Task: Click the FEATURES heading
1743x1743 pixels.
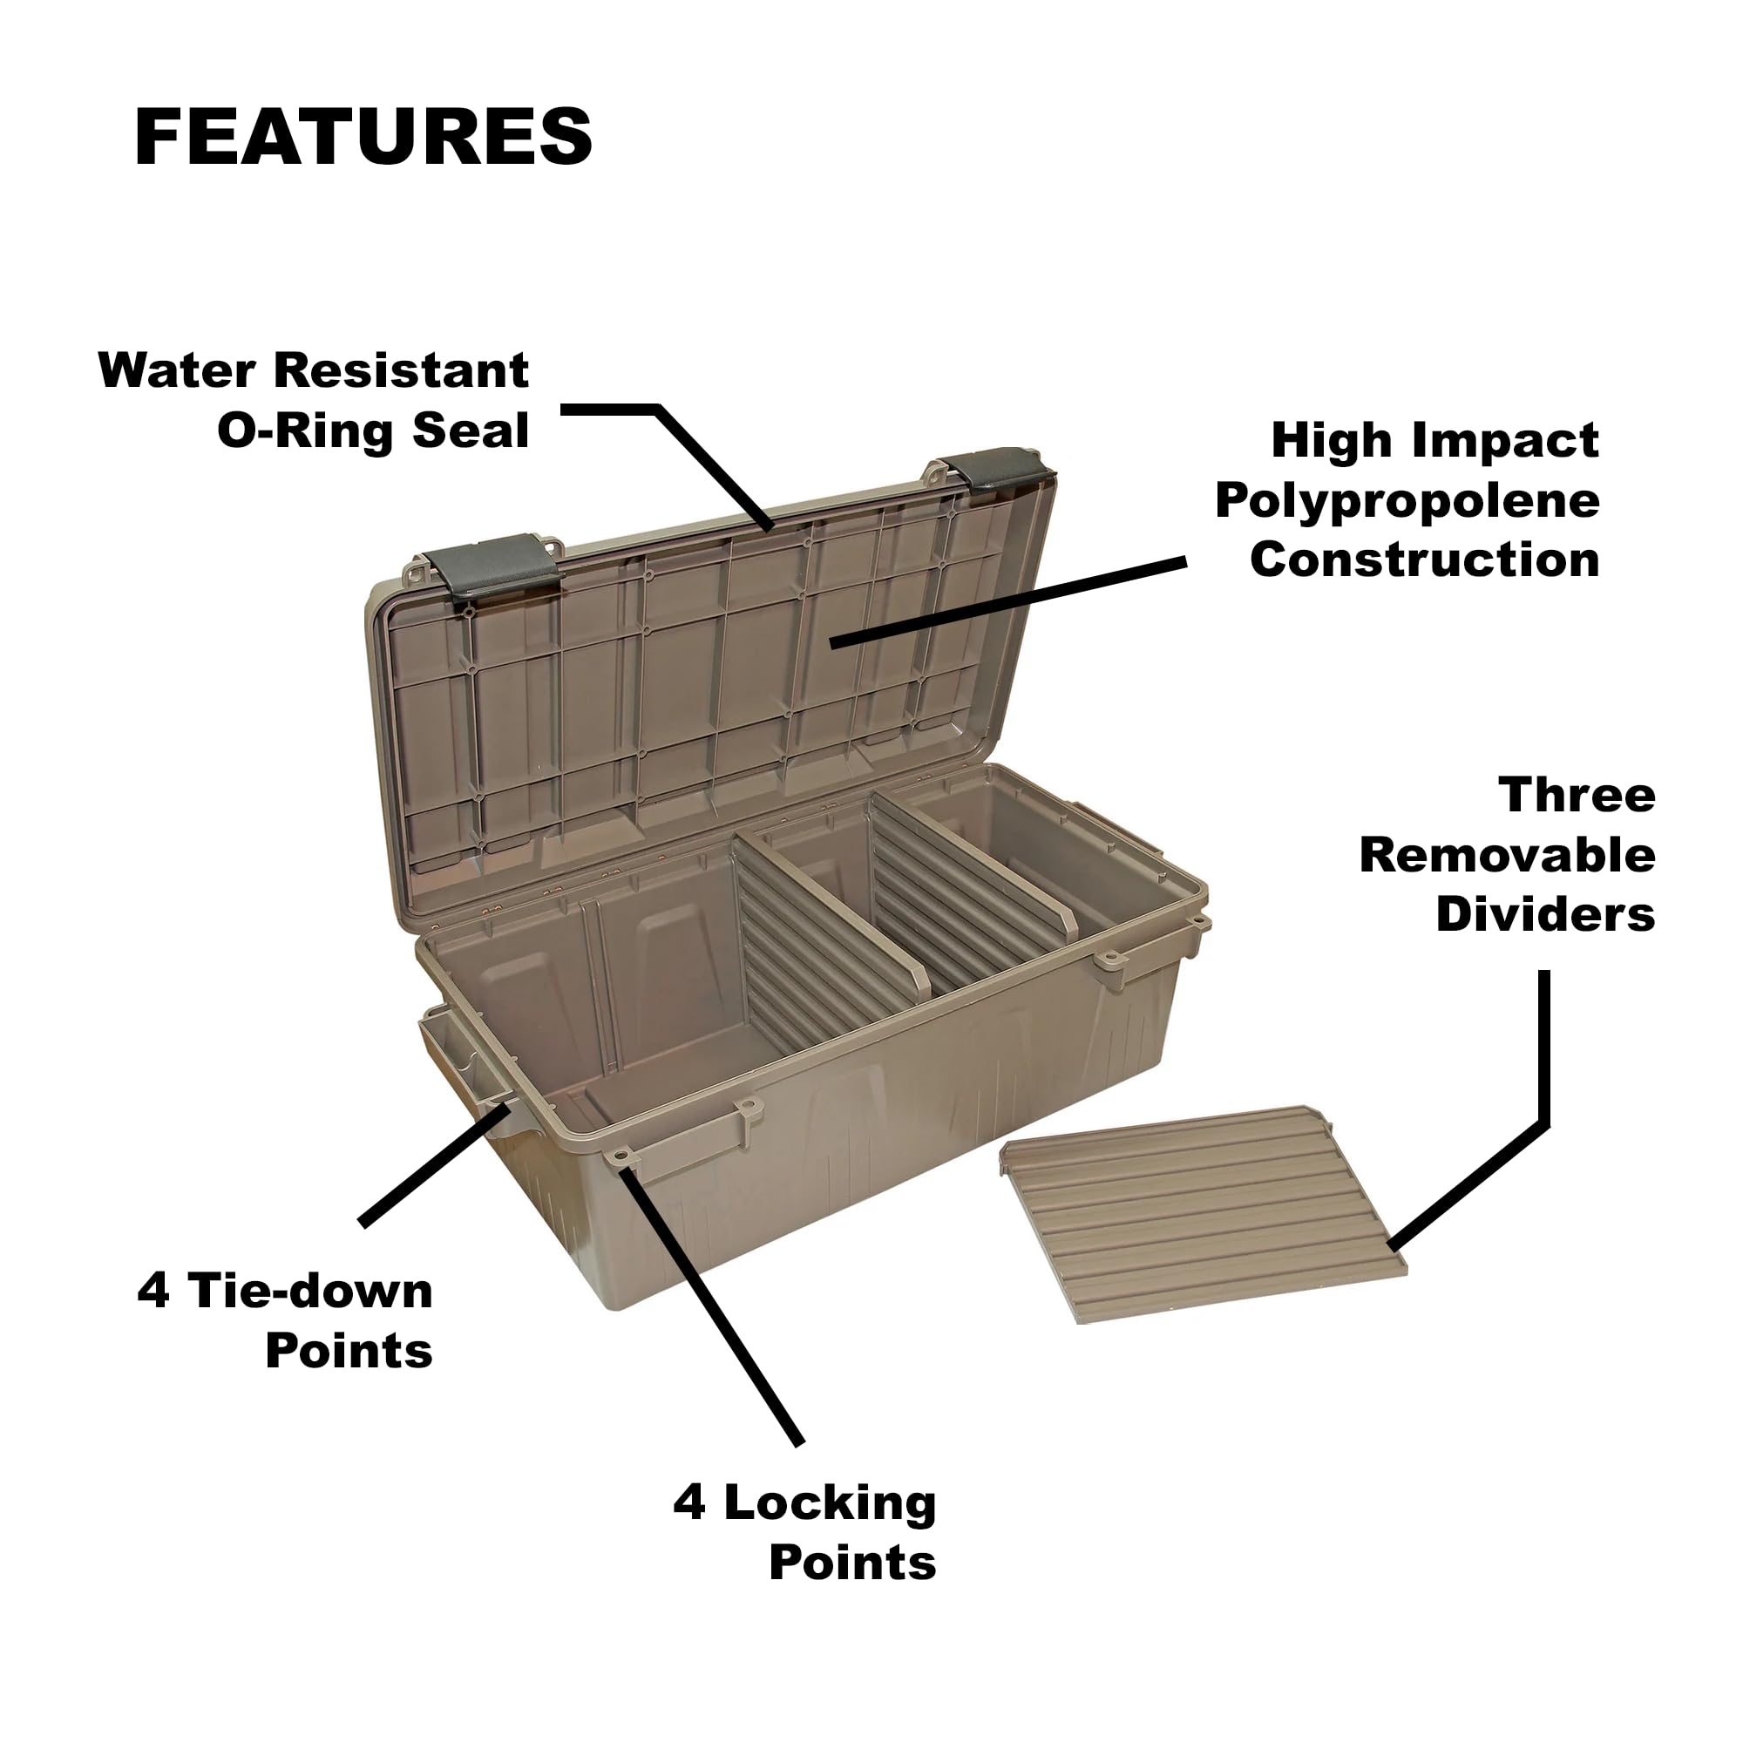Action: [x=363, y=136]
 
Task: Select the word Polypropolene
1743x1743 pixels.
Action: [x=1407, y=501]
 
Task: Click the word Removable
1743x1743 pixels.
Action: [x=1507, y=855]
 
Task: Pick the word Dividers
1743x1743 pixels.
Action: [x=1544, y=915]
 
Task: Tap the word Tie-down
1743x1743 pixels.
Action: [x=309, y=1292]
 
